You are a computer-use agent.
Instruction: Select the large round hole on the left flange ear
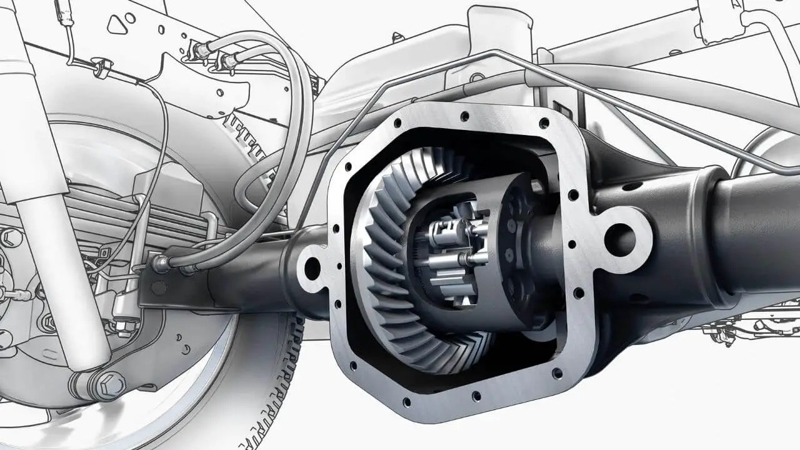(x=311, y=268)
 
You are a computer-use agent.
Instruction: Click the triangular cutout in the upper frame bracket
(x=117, y=24)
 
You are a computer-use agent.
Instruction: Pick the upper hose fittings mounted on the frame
(x=212, y=55)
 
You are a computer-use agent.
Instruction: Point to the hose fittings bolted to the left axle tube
(x=172, y=266)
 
